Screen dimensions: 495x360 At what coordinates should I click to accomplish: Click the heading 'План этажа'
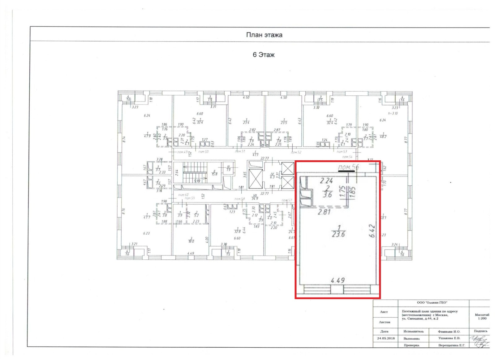tap(264, 35)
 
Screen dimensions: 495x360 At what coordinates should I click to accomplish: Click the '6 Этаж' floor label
tap(264, 55)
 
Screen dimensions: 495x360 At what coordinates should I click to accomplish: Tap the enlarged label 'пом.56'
tap(348, 167)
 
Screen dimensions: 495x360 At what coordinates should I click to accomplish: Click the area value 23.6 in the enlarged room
tap(338, 234)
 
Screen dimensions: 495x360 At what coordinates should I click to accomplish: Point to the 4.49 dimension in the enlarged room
tap(338, 280)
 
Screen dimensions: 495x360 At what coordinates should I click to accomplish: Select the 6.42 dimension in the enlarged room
tap(372, 231)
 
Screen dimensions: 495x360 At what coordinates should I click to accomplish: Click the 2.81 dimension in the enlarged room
tap(324, 212)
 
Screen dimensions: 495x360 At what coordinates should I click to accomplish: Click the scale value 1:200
tap(482, 318)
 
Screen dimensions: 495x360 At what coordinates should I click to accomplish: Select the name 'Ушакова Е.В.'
tap(449, 338)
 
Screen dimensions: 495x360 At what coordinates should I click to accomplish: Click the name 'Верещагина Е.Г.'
tap(451, 345)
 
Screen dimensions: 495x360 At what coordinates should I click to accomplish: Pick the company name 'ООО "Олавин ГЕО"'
tap(432, 302)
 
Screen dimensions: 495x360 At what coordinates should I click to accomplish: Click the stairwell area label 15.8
tap(214, 174)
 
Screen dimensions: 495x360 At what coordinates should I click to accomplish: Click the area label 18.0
tap(191, 241)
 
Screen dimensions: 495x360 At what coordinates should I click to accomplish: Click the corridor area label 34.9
tap(255, 198)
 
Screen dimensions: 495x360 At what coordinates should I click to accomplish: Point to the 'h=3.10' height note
tap(393, 113)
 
